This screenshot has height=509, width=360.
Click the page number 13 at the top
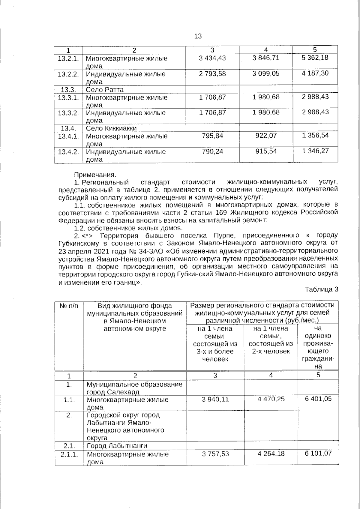pos(198,36)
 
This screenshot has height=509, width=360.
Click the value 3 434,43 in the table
pos(212,58)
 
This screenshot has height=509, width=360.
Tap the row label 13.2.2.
pos(68,74)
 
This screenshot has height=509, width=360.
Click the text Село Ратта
pos(104,90)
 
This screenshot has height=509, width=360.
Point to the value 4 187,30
pos(315,73)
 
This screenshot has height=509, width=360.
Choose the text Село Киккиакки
pos(111,128)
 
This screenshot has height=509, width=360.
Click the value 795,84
pos(212,136)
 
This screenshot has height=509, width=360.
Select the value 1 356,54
pos(315,135)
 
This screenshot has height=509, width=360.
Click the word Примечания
pos(95,175)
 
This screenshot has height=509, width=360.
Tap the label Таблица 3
pos(321,289)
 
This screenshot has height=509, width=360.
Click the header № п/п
pos(69,306)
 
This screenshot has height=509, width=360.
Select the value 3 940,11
pos(215,399)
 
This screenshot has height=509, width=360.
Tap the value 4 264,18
pos(271,454)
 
